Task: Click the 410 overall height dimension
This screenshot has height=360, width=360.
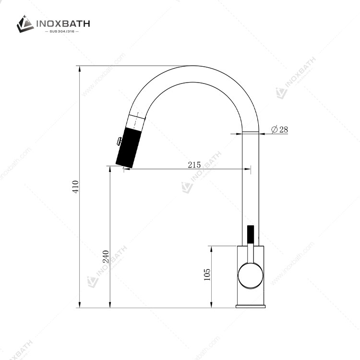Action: tap(75, 186)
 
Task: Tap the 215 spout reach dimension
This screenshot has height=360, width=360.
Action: tap(194, 165)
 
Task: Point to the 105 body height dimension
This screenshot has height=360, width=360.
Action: tap(207, 274)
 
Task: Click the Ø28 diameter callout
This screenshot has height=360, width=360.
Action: tap(279, 129)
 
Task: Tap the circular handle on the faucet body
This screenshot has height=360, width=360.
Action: tap(251, 276)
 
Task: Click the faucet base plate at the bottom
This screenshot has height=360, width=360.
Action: tap(251, 306)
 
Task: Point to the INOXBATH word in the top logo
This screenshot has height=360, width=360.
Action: tap(62, 23)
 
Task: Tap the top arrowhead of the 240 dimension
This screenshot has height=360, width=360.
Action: tap(110, 169)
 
